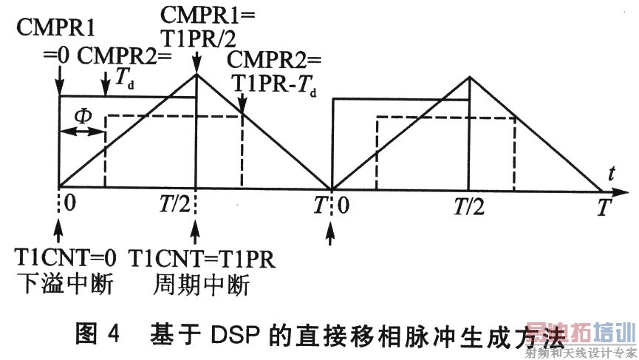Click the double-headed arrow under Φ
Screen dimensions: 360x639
pos(82,132)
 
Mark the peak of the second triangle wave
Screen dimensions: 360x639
pos(469,76)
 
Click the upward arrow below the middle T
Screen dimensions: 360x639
pos(332,229)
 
